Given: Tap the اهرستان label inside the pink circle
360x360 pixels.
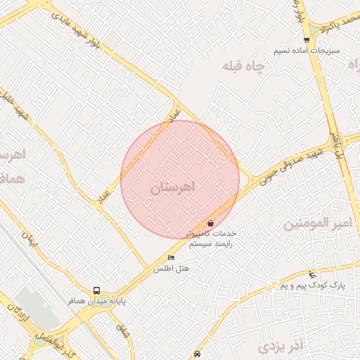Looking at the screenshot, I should (x=176, y=187).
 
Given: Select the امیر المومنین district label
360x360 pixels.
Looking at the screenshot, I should (x=316, y=224).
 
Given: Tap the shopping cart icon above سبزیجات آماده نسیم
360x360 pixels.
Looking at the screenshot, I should (x=307, y=39).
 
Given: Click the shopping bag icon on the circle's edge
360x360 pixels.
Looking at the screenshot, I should (x=211, y=223).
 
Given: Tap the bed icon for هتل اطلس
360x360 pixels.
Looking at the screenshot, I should (x=171, y=257).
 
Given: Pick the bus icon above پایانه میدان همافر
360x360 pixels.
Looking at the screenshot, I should (x=96, y=290).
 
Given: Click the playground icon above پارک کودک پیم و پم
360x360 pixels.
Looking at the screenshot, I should (x=312, y=274).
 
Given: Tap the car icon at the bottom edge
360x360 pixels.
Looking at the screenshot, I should (x=197, y=354).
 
